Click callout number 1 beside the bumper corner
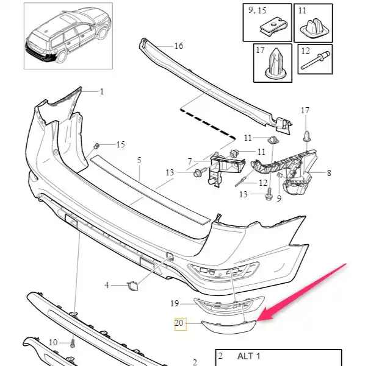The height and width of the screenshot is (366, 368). tap(102, 92)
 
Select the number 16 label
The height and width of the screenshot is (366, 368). tap(178, 46)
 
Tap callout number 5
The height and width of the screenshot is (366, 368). tap(139, 160)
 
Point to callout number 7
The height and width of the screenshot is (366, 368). tap(190, 161)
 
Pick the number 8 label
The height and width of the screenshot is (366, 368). tap(329, 173)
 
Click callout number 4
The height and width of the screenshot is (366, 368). tap(106, 285)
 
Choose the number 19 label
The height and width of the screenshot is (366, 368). tap(174, 303)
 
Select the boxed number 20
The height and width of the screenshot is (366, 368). tap(179, 325)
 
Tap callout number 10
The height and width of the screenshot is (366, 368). tap(52, 343)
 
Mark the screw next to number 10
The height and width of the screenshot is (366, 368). tap(73, 345)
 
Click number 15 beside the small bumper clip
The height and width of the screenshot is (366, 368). tap(120, 144)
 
